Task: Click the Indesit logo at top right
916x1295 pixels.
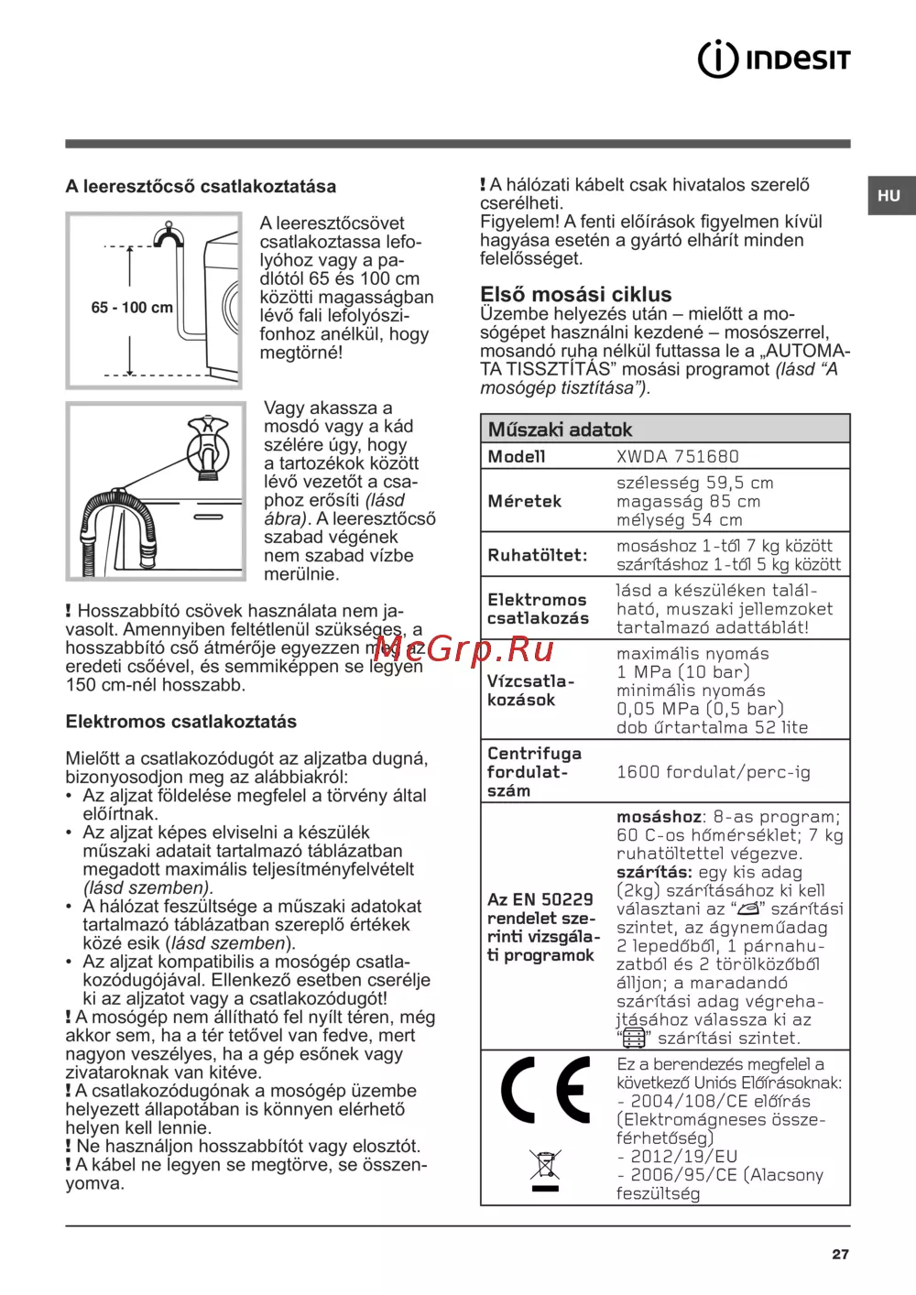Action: point(774,59)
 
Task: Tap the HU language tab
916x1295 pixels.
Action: point(889,196)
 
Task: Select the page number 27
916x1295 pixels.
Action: point(840,1255)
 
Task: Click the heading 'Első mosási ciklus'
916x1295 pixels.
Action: point(575,294)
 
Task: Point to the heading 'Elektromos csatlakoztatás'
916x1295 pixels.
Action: point(180,722)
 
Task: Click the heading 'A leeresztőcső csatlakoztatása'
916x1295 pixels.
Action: point(201,187)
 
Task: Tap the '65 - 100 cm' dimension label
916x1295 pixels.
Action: point(132,308)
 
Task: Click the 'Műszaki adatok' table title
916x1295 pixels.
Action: point(560,430)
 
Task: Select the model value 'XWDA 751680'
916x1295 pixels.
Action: point(677,456)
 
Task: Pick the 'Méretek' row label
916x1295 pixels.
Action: point(524,501)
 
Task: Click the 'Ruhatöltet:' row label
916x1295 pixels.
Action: point(537,555)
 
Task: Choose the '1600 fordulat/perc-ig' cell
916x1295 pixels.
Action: point(713,772)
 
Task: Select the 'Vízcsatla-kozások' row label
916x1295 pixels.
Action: point(530,691)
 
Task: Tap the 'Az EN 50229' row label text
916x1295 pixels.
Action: point(540,899)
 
